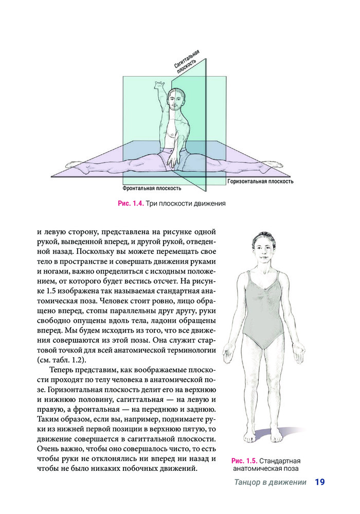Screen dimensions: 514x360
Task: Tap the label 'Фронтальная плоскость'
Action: coord(152,189)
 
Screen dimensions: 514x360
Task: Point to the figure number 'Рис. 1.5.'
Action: coord(244,461)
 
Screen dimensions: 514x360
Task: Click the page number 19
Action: coord(319,482)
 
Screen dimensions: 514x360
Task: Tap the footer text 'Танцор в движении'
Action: coord(270,483)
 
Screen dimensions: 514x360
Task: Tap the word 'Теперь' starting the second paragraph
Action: coord(62,371)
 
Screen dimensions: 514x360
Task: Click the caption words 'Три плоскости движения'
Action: coord(186,204)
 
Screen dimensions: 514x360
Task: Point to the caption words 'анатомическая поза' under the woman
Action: coord(265,469)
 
